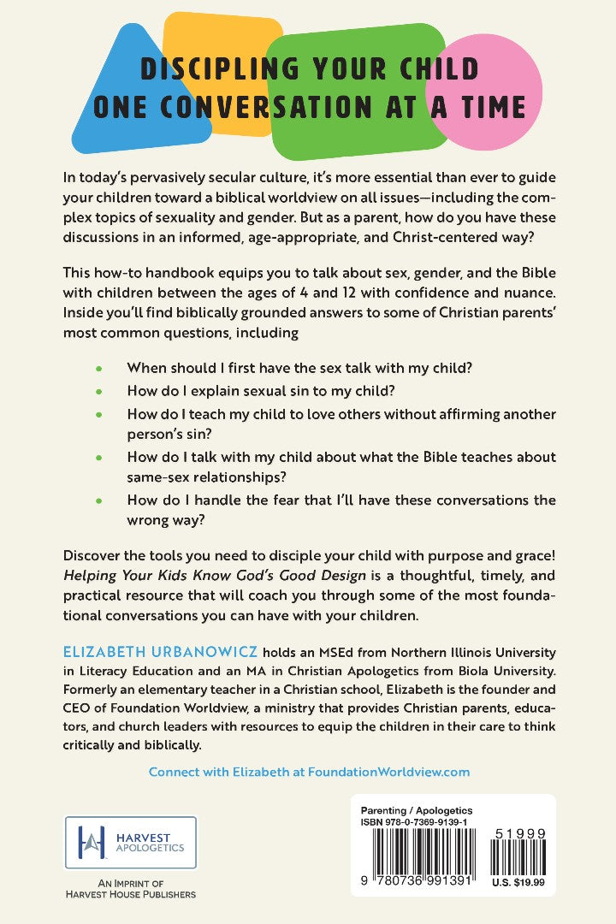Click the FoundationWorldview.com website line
point(309,771)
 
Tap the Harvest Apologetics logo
point(131,843)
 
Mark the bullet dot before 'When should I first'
point(99,367)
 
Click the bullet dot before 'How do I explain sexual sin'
point(99,391)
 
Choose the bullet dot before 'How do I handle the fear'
point(99,500)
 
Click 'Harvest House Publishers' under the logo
point(130,895)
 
